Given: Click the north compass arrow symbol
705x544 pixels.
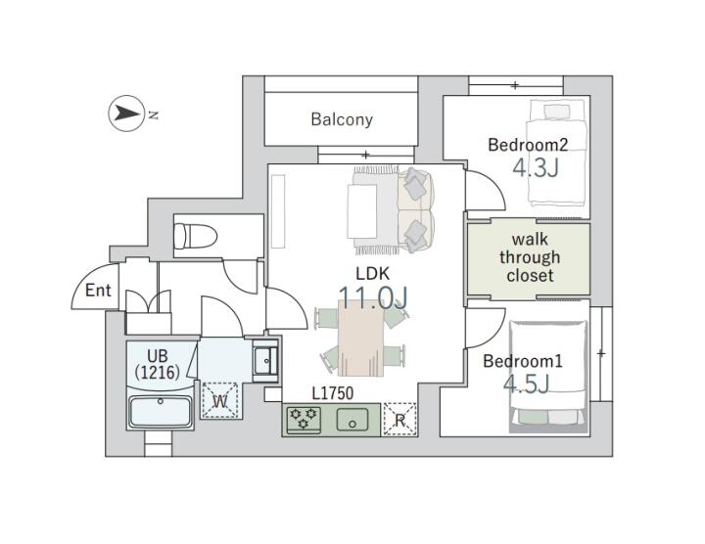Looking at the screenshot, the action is coord(126,113).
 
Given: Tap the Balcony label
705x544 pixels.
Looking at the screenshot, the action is coord(342,119).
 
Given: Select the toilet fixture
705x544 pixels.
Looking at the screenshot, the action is coord(195,236).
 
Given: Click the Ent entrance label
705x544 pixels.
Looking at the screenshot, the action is coord(98,291).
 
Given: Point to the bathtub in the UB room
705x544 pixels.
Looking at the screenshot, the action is coord(161,411).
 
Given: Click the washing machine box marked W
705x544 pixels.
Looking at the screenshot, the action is coord(219,401).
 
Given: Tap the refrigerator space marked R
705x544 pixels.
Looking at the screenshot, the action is coord(399,420).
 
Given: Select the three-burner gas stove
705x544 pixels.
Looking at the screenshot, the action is coord(304,420).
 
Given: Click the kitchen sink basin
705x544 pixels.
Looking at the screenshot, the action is coord(352,419).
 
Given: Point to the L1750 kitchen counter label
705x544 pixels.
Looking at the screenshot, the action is coord(333,393).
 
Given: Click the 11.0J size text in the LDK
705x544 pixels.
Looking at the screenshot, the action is coord(373,296).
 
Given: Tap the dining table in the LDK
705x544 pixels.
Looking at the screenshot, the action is coord(361,338).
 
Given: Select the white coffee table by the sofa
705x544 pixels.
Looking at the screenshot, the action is coord(362,211).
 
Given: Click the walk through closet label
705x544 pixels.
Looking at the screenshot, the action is coord(529,257).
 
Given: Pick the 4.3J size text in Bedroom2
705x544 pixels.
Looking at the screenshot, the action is coord(536,168).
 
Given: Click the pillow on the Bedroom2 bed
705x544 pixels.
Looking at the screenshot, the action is coord(556,111).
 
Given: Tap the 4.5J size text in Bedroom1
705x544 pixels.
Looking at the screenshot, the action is coord(526,385).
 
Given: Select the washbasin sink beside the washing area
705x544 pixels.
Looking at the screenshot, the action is coord(264,361).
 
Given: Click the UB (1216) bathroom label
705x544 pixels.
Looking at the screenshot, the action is coord(158,364).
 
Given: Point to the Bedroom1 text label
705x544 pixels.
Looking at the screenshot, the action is coord(523,361).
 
